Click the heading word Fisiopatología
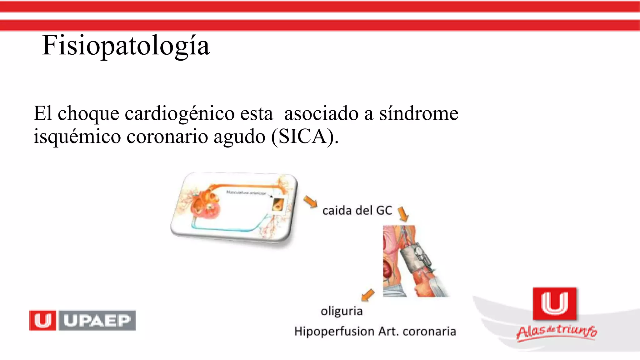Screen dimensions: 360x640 coord(126,46)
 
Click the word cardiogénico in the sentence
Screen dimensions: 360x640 coord(180,113)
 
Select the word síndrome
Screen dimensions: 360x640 coord(419,113)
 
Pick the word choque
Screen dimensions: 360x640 coord(88,114)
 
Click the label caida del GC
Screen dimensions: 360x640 coord(357,211)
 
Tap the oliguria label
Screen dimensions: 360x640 coord(342,311)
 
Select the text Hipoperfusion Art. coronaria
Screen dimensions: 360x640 coord(375,331)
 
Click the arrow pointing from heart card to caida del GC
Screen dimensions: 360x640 coord(310,202)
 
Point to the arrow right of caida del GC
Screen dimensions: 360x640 coord(403,214)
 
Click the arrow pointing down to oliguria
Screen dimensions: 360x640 coord(368,294)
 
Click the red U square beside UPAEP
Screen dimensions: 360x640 coord(42,320)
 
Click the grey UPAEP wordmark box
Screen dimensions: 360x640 coord(97,320)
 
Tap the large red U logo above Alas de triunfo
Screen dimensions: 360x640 coord(555,303)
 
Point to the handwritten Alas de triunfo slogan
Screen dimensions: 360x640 coord(557,332)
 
